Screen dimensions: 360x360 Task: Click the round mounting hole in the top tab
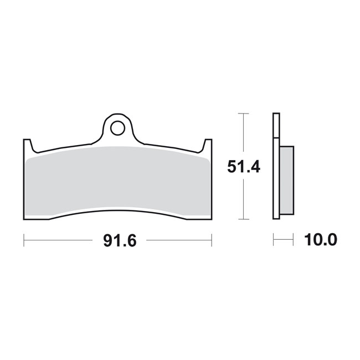click(x=117, y=128)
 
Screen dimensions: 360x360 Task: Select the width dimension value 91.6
click(x=117, y=240)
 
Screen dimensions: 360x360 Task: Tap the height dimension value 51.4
click(x=243, y=166)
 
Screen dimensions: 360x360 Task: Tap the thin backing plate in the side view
click(x=276, y=166)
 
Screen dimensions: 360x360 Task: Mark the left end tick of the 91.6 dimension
click(x=24, y=240)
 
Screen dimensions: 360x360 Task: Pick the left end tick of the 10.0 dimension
click(x=274, y=240)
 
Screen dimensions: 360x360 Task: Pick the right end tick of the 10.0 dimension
click(x=293, y=240)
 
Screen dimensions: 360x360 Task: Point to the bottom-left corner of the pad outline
click(x=24, y=219)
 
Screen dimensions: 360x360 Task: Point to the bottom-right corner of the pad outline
click(x=211, y=219)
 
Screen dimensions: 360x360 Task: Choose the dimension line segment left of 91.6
click(x=58, y=240)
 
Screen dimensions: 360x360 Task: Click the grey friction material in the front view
click(x=117, y=180)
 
